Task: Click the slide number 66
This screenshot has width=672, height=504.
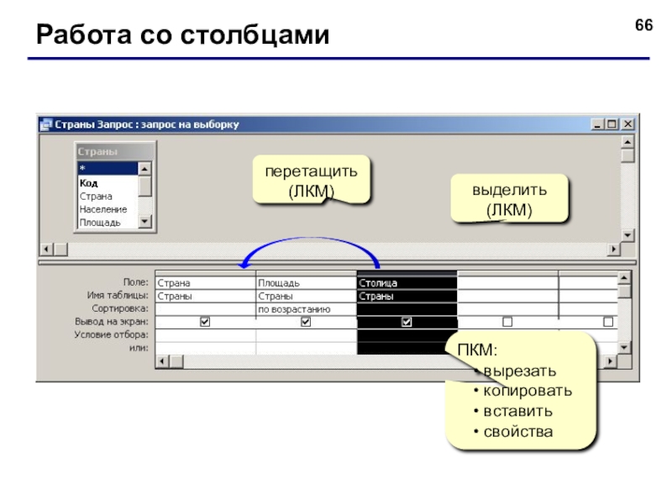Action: (643, 25)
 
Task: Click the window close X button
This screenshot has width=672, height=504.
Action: (627, 124)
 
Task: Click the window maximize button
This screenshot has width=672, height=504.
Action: (612, 124)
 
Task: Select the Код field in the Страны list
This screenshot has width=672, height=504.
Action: (89, 183)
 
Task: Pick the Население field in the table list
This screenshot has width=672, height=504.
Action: (103, 209)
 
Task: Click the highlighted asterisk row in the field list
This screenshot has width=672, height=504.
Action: (108, 169)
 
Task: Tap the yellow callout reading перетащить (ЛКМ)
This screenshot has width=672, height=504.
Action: (311, 180)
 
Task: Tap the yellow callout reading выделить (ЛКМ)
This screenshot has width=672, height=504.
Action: (509, 199)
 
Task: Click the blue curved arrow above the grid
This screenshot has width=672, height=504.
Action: (311, 238)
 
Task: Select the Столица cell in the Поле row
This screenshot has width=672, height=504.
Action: (407, 283)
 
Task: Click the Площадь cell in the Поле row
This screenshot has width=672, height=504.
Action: (306, 283)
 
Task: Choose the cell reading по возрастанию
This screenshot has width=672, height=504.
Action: (306, 309)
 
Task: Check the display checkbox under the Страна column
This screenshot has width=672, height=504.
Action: (205, 322)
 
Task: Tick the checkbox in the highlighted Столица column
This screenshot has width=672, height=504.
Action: (407, 322)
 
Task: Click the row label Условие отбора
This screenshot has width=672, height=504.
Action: (112, 334)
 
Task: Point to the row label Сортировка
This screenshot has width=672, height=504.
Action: (120, 308)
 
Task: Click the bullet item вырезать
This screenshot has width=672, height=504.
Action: (519, 371)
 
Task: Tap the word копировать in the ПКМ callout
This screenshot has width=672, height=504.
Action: (528, 391)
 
